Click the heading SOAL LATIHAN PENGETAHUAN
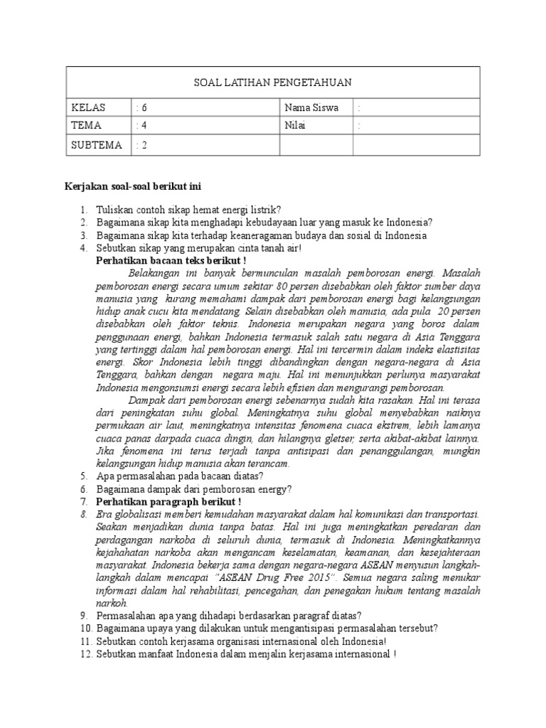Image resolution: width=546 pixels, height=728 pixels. (273, 83)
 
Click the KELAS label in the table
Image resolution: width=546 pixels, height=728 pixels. (88, 108)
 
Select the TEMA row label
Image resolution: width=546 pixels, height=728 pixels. (87, 126)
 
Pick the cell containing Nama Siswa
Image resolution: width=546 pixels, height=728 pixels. (311, 108)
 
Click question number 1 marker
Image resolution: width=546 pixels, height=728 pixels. (83, 210)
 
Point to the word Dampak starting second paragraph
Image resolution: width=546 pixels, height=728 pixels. (147, 400)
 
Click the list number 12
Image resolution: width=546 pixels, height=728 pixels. (85, 653)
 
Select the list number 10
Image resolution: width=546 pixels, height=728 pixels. (85, 628)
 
